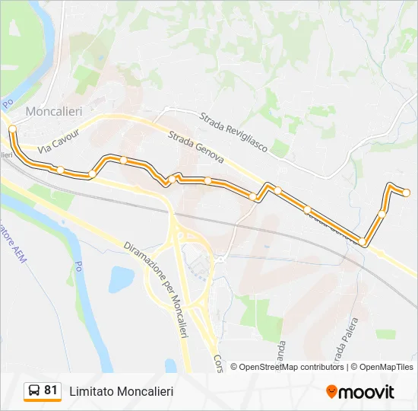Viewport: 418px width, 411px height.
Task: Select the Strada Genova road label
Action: pos(196,147)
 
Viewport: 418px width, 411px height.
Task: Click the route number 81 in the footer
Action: pos(51,390)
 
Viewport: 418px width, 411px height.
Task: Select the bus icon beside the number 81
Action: pos(34,391)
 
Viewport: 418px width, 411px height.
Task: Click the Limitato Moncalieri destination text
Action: pos(122,391)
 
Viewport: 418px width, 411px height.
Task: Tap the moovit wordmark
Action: pos(367,392)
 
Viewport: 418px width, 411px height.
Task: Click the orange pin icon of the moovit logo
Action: pos(331,392)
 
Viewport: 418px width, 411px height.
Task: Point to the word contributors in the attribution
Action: pos(322,367)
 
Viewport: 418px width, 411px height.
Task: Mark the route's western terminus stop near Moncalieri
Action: pos(13,129)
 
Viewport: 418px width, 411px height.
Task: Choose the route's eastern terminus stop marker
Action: pos(407,192)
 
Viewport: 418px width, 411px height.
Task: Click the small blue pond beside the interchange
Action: pos(121,279)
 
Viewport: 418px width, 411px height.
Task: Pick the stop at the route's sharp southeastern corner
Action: pos(363,242)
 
